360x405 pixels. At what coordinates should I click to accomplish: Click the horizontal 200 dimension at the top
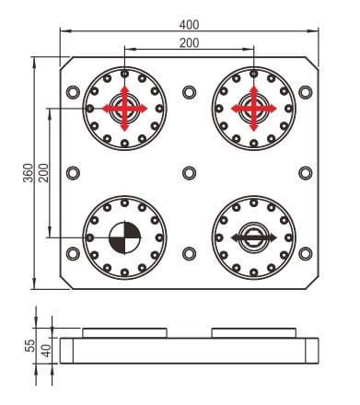(x=190, y=44)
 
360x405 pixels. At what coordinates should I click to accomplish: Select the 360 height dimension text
(x=28, y=172)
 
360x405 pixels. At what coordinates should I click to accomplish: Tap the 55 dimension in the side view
(x=29, y=345)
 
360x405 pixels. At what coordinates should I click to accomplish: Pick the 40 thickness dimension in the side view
(x=43, y=352)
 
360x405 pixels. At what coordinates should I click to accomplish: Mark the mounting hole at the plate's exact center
(x=189, y=173)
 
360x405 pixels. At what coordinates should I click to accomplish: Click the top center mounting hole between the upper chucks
(x=189, y=93)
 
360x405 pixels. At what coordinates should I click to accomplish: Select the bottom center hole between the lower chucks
(x=189, y=253)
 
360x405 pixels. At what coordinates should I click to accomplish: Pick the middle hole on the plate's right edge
(x=305, y=173)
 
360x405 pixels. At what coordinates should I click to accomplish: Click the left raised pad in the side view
(x=124, y=331)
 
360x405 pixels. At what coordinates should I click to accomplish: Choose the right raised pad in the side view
(x=253, y=331)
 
